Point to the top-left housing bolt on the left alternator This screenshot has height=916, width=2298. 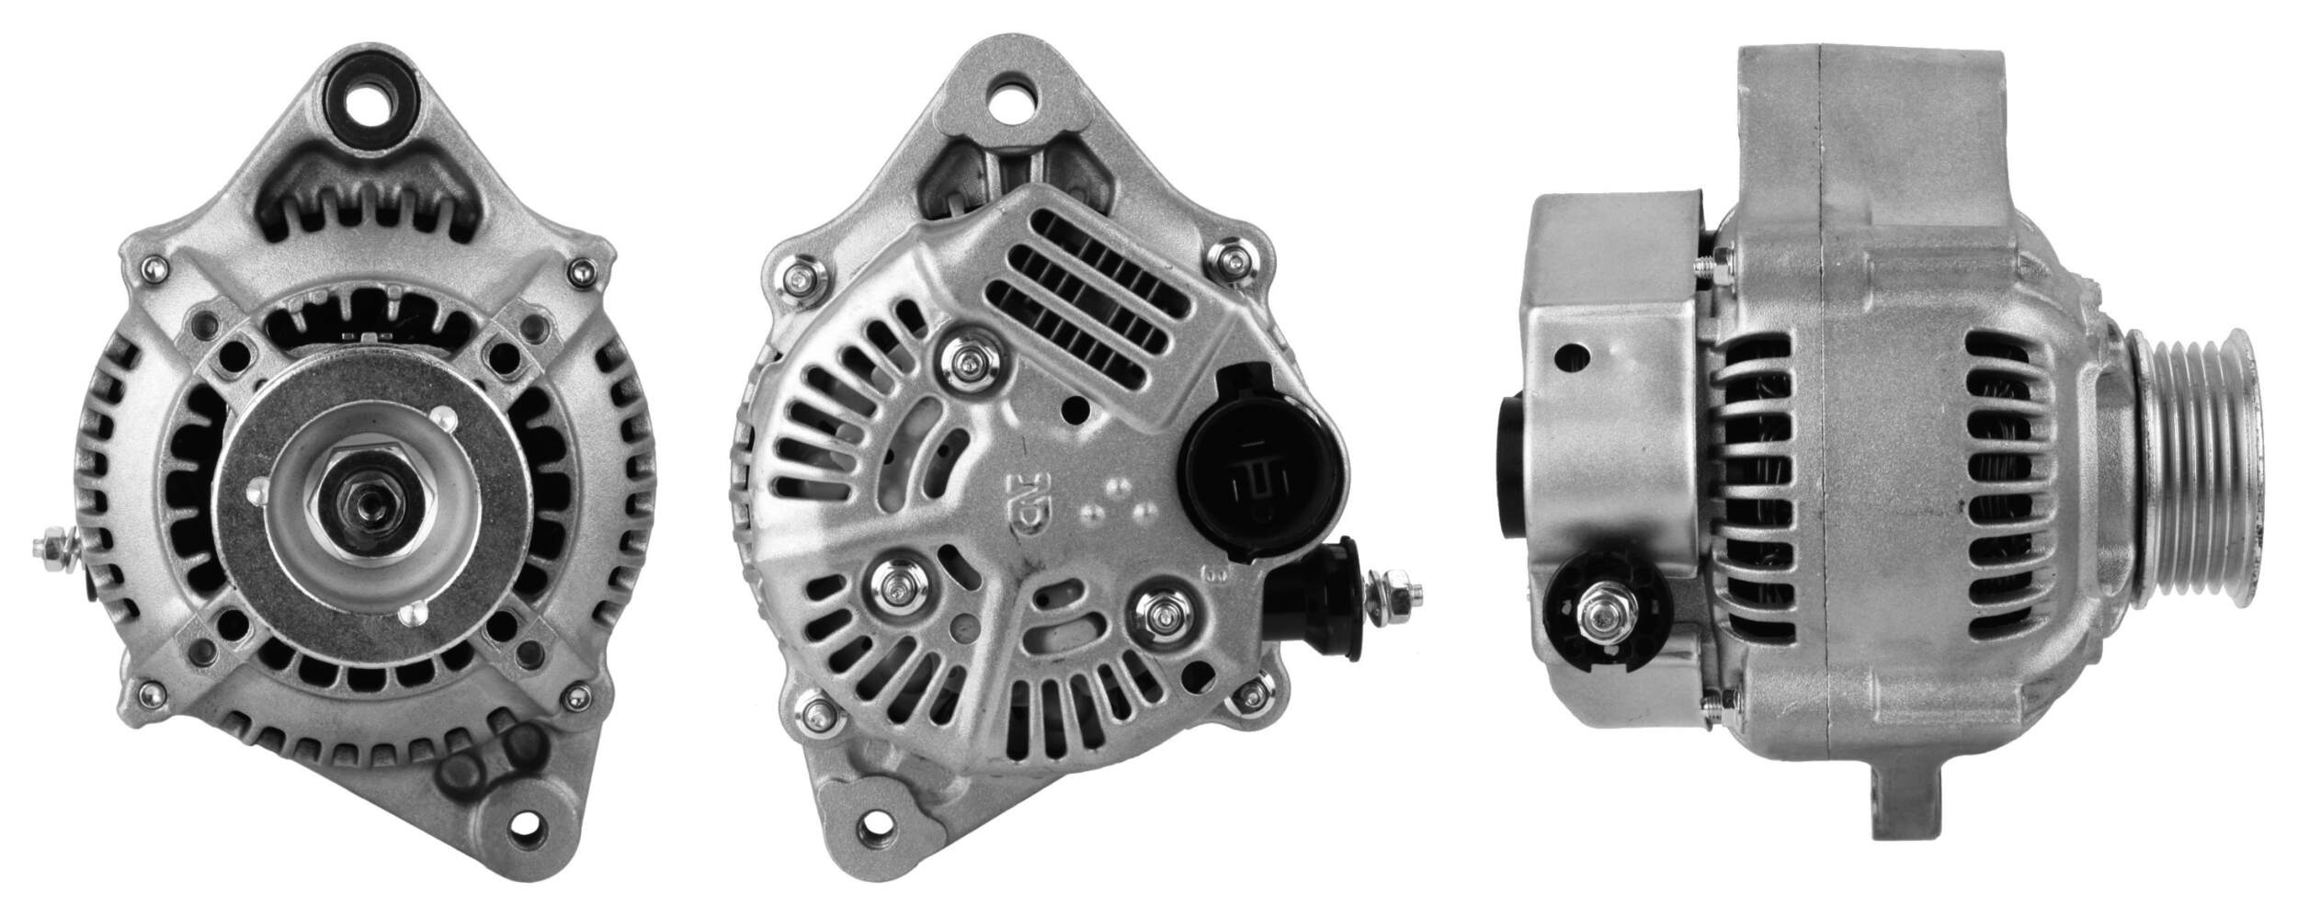[153, 268]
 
